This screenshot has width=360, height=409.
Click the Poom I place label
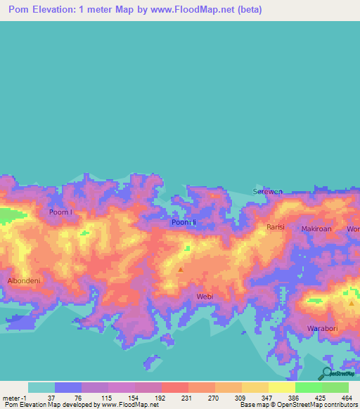(60, 212)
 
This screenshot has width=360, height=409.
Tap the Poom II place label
(184, 223)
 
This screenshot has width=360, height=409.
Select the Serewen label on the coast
(267, 191)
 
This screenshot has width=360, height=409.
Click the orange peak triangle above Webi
(181, 268)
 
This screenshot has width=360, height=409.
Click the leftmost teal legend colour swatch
(41, 387)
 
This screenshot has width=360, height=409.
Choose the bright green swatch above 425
(308, 387)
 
